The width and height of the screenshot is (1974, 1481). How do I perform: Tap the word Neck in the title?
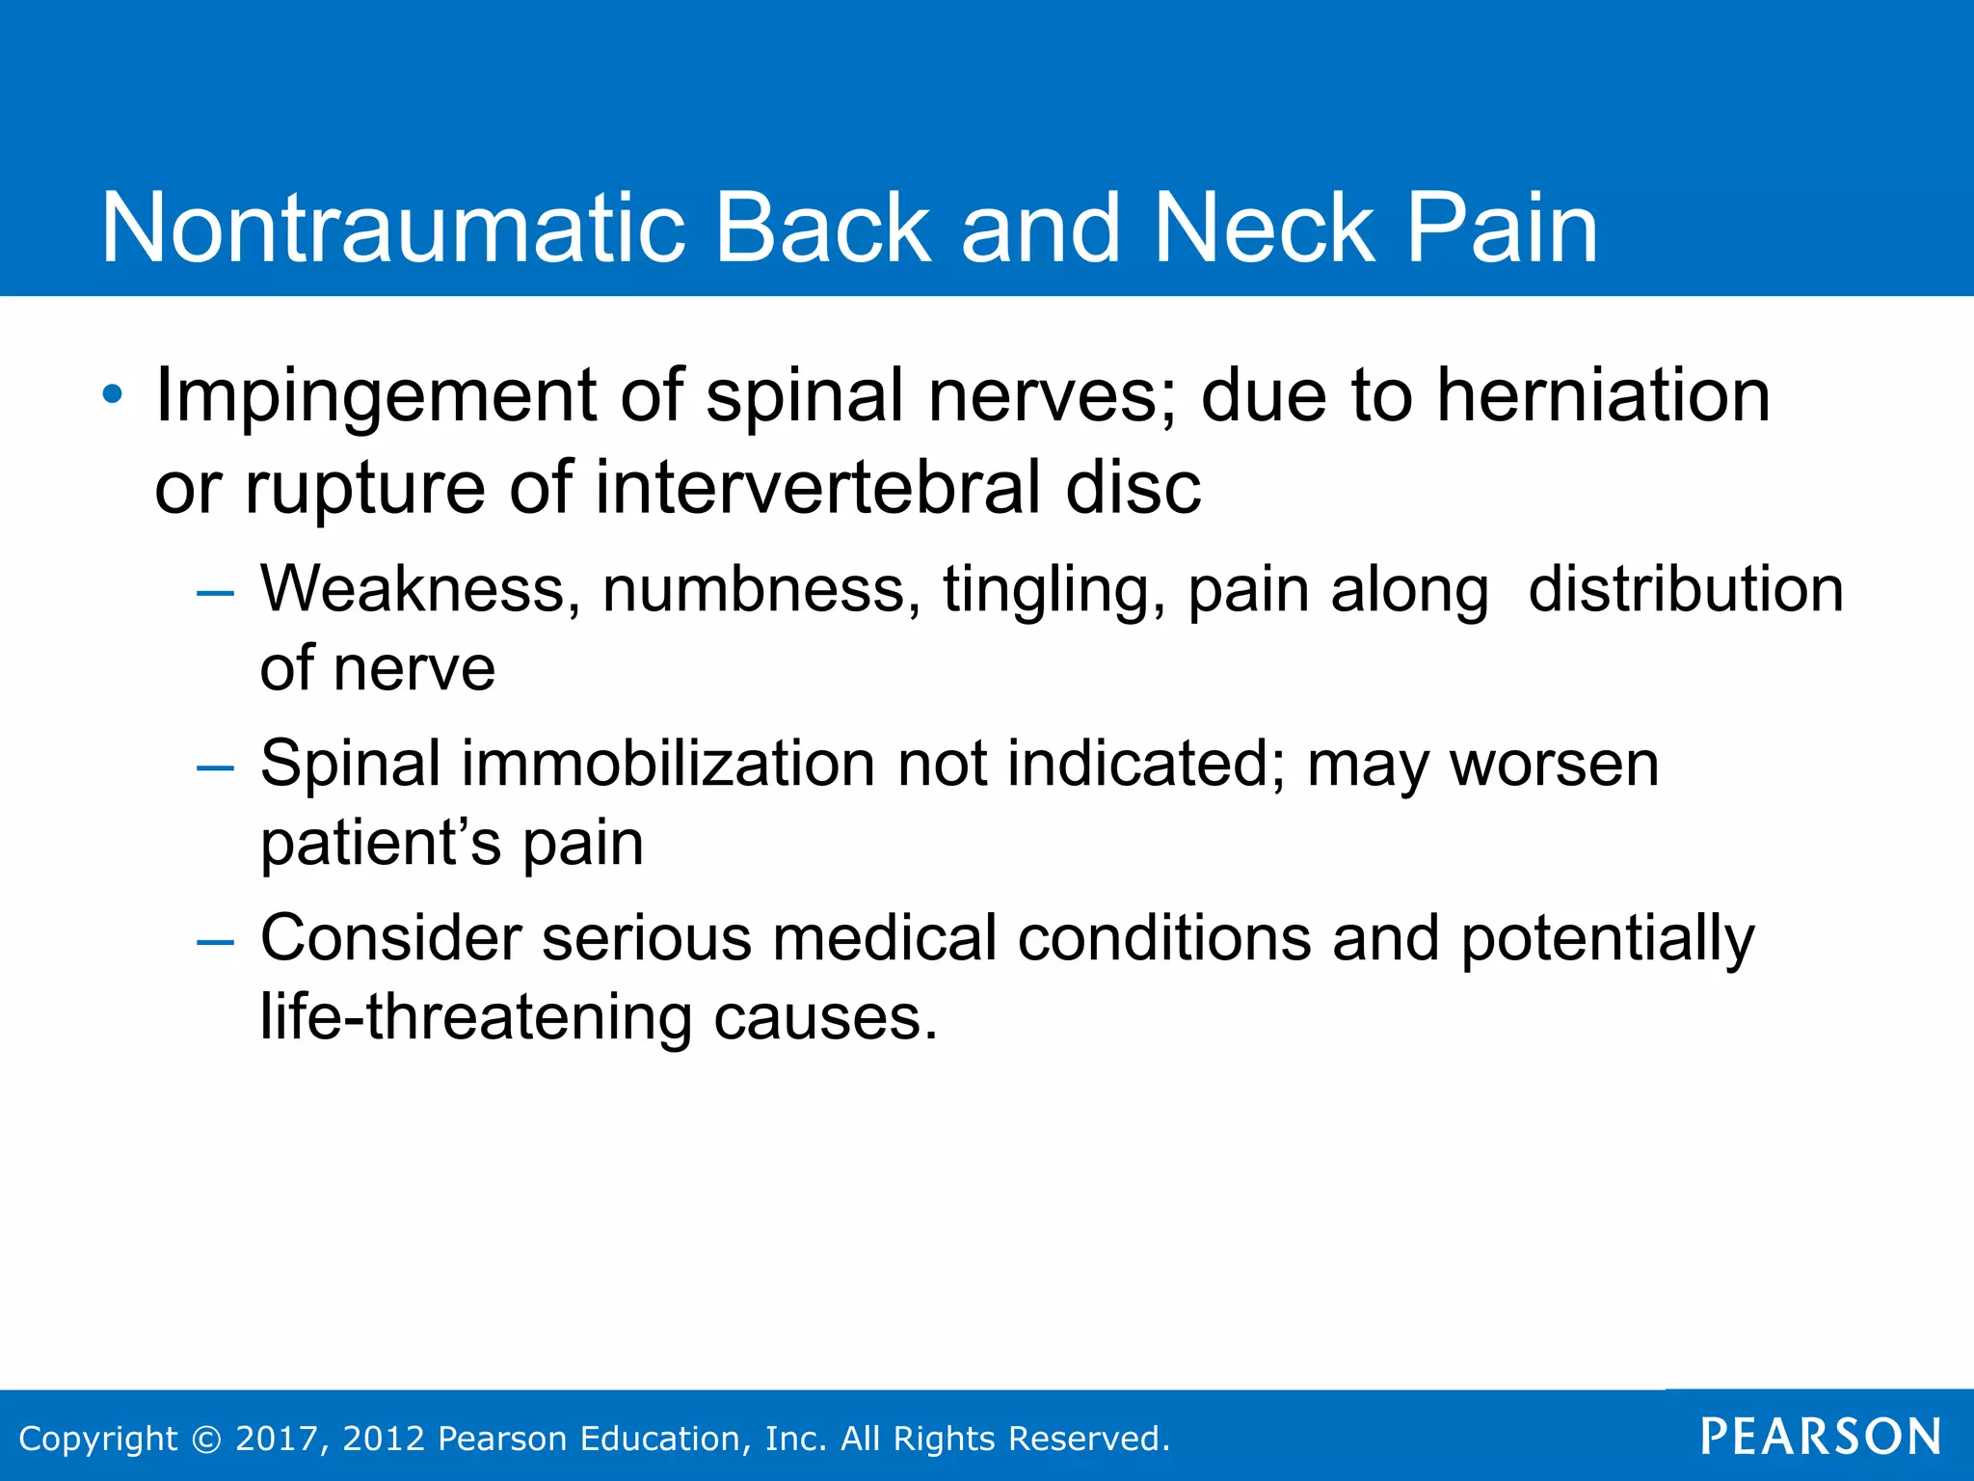1264,229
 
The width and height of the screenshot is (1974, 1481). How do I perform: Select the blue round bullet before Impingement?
113,394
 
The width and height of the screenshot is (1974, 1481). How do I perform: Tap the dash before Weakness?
215,592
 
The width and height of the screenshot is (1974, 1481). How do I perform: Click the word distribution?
1685,589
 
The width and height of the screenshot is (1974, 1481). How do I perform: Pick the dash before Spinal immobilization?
215,767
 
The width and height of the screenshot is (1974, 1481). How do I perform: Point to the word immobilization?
668,765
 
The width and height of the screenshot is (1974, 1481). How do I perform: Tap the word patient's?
381,845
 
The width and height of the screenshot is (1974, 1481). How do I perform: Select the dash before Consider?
215,942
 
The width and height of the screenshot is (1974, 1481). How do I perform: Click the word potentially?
1607,940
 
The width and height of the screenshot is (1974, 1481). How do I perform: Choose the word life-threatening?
476,1018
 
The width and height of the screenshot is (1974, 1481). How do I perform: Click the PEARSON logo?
1820,1437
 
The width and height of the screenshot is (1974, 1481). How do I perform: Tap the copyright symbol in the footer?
206,1439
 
